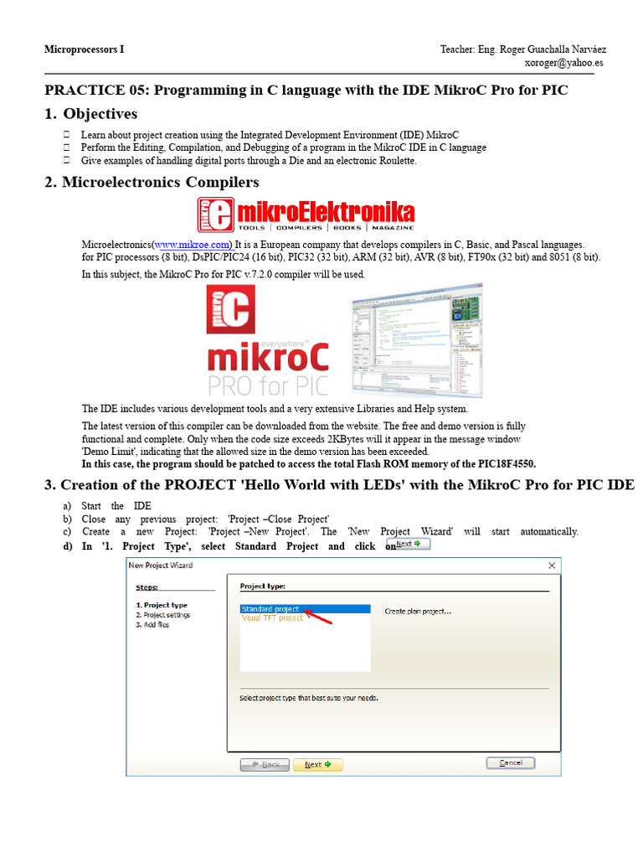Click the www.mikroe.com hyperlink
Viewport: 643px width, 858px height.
point(193,244)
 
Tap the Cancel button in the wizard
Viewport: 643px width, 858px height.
point(511,763)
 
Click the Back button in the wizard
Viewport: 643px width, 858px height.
point(265,764)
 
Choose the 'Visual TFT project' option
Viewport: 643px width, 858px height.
point(272,618)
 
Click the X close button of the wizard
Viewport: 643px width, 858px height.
point(552,566)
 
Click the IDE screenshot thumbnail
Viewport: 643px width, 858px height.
point(416,339)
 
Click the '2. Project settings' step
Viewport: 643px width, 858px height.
point(163,615)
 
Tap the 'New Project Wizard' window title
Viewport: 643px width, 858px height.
point(160,566)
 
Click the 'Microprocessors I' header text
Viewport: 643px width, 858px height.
point(84,49)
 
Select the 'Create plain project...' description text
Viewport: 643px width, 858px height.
point(418,612)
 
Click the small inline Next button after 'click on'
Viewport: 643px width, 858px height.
point(413,545)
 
